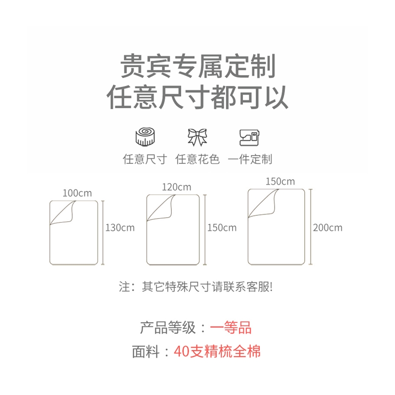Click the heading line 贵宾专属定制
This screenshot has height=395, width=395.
coord(197,67)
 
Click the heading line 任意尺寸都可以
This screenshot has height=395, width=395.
coord(197,97)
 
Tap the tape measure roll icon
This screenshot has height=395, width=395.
coord(145,136)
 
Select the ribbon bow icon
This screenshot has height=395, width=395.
coord(197,137)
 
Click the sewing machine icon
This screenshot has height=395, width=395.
coord(249,137)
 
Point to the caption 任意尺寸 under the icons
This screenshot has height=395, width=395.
coord(145,159)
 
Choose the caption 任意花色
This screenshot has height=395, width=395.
coord(197,159)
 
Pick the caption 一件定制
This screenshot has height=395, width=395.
coord(250,159)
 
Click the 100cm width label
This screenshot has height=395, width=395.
coord(77,193)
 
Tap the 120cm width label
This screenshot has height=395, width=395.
coord(176,187)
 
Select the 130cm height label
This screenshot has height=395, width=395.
coord(120,228)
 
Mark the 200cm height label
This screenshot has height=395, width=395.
coord(327,228)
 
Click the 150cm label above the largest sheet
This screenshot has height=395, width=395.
coord(280,181)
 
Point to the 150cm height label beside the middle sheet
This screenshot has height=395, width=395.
coord(222,228)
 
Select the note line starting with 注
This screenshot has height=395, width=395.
coord(196,287)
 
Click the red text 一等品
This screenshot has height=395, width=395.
coord(231,327)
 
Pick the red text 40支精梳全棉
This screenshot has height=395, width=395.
coord(217,352)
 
